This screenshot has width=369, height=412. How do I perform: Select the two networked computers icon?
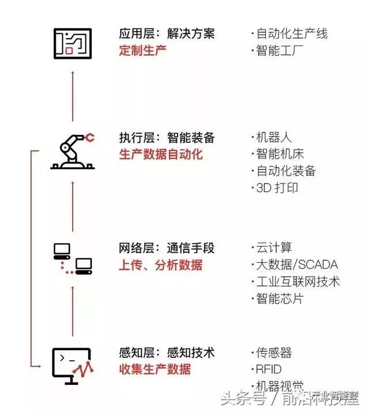73,258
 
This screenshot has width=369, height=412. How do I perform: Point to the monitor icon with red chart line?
73,365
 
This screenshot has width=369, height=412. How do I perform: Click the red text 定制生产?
142,50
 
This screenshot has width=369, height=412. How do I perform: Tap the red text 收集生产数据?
155,369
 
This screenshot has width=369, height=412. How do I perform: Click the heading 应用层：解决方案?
167,33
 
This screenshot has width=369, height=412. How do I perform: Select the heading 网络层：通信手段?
167,248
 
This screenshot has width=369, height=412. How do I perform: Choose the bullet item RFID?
269,369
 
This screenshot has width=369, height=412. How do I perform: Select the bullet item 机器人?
274,138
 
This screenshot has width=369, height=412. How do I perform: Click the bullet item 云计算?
274,248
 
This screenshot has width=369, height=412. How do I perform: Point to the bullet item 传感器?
274,353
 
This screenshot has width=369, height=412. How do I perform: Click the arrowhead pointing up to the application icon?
73,73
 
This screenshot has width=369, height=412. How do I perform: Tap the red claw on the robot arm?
90,138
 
